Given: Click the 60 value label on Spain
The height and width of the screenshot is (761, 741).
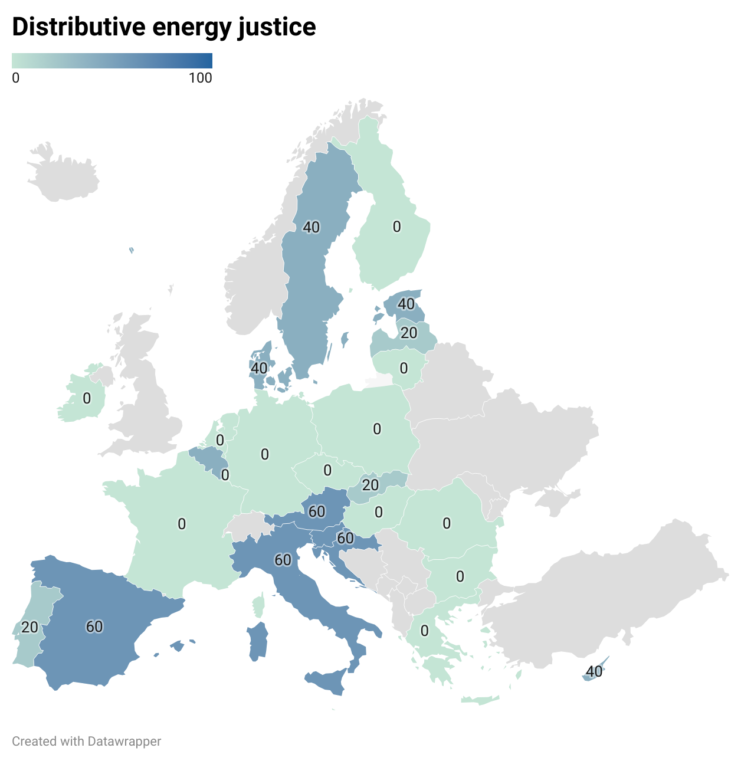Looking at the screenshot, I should pyautogui.click(x=94, y=626).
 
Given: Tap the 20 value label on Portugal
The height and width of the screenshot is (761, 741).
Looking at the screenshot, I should pyautogui.click(x=29, y=627).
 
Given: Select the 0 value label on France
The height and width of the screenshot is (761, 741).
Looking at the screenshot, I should pyautogui.click(x=182, y=524).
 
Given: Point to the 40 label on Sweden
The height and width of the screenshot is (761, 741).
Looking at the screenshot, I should pyautogui.click(x=311, y=227).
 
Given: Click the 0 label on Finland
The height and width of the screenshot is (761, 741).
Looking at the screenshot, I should pyautogui.click(x=396, y=227).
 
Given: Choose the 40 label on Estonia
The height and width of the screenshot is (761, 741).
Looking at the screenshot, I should pyautogui.click(x=406, y=304).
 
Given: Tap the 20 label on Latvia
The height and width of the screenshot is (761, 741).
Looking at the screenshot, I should pyautogui.click(x=409, y=333).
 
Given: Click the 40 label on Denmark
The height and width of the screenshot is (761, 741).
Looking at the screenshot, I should pyautogui.click(x=259, y=368).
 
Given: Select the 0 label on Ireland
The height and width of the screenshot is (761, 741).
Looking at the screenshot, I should pyautogui.click(x=87, y=399).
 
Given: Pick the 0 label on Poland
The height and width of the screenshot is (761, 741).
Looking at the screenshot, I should pyautogui.click(x=377, y=429).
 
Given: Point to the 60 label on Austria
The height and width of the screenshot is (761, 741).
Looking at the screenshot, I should pyautogui.click(x=317, y=511).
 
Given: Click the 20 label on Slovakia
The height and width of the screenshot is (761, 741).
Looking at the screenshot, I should pyautogui.click(x=370, y=485).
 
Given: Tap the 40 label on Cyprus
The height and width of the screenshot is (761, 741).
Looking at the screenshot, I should pyautogui.click(x=594, y=671).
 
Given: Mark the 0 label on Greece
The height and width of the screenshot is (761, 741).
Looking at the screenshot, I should pyautogui.click(x=424, y=631).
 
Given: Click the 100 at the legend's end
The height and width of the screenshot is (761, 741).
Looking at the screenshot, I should pyautogui.click(x=201, y=78).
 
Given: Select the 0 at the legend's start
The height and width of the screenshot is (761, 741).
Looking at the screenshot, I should pyautogui.click(x=16, y=78).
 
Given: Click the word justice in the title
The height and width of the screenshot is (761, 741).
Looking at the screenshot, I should pyautogui.click(x=277, y=27).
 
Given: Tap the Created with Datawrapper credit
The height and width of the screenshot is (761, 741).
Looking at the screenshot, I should pyautogui.click(x=87, y=741).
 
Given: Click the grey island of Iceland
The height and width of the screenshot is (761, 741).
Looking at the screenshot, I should pyautogui.click(x=64, y=174).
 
